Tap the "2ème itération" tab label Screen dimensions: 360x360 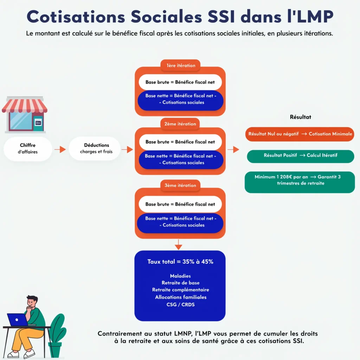point(180,124)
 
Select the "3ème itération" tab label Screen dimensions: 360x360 point(180,185)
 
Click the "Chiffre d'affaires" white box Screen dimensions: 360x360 point(28,149)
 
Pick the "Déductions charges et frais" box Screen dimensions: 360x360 point(95,149)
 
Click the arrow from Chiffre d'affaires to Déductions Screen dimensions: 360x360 point(60,149)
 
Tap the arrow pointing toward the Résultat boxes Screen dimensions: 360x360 point(233,150)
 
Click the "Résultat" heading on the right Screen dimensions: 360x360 point(300,117)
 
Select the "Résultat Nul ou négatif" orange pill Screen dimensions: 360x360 point(300,134)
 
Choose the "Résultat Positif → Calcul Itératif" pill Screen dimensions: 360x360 point(300,155)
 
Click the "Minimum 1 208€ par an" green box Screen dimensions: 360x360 point(300,180)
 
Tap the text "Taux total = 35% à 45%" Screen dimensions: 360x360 point(180,262)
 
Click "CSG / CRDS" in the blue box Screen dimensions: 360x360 point(180,304)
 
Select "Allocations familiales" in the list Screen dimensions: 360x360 point(180,297)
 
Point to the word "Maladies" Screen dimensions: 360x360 point(180,276)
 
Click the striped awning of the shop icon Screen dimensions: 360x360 point(25,105)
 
